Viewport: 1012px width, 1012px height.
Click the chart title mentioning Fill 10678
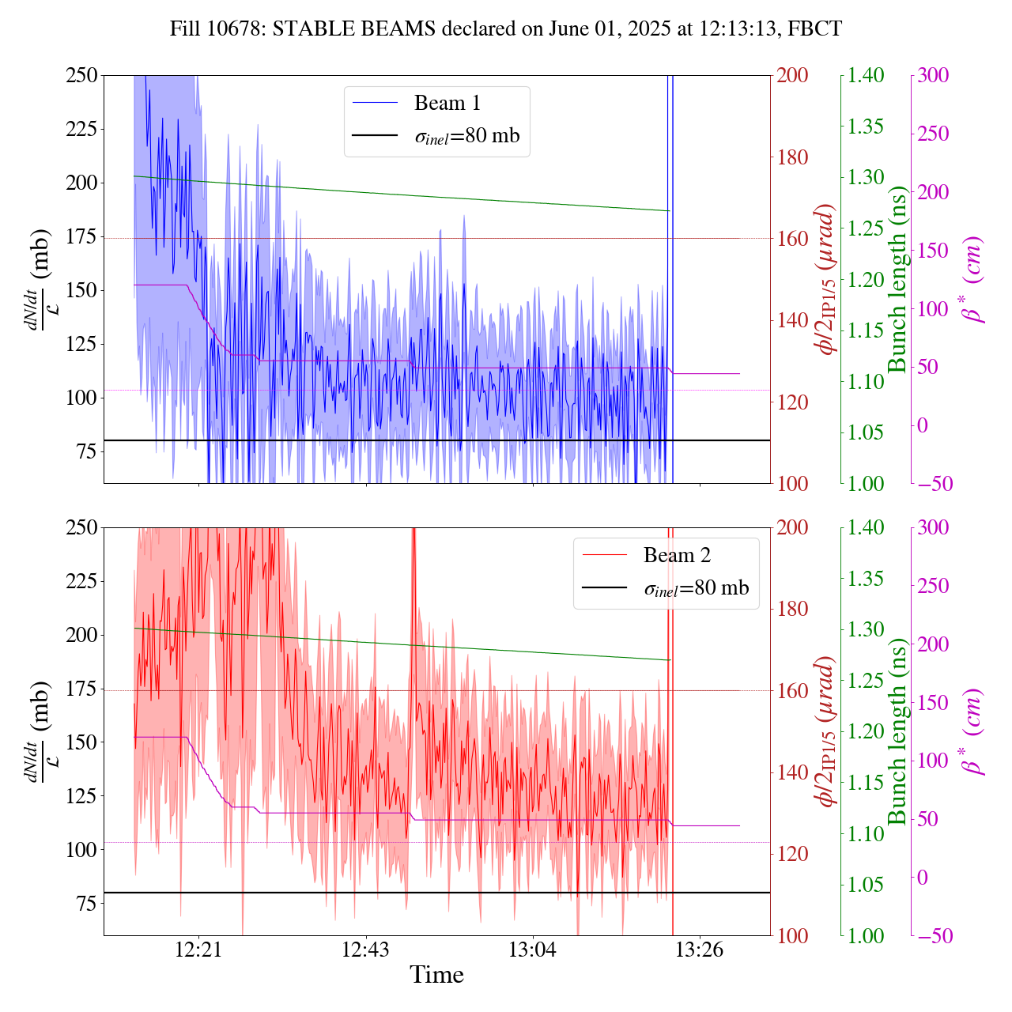[506, 29]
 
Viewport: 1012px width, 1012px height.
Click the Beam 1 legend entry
[447, 103]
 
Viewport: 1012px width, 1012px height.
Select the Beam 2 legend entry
[677, 555]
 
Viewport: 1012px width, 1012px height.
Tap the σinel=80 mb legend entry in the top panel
[466, 136]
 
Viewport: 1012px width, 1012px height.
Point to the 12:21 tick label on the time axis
[198, 950]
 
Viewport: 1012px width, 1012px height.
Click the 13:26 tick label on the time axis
[700, 950]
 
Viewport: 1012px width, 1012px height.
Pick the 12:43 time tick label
[365, 950]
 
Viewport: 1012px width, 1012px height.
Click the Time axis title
[436, 975]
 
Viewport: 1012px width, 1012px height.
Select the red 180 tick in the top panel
[793, 157]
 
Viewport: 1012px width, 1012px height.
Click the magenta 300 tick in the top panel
[933, 75]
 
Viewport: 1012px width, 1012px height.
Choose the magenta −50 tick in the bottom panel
[933, 936]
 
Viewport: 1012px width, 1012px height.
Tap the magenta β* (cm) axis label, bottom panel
[972, 731]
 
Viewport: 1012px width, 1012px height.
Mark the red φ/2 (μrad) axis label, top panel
[826, 279]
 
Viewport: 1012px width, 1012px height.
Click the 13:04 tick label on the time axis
[533, 950]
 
